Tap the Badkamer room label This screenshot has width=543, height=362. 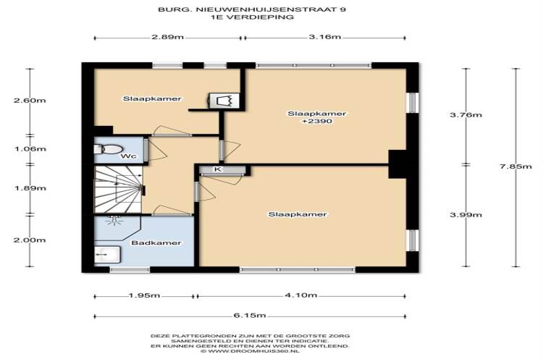pos(156,243)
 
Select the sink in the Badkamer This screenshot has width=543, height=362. pos(107,255)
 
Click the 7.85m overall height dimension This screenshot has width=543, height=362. pos(515,167)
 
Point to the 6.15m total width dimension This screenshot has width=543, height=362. pos(250,315)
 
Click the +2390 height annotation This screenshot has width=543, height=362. pos(317,121)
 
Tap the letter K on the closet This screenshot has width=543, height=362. pos(217,169)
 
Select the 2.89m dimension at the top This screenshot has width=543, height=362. pos(168,37)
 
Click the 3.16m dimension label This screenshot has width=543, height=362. pos(325,37)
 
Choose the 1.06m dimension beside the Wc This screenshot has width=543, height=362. pos(30,149)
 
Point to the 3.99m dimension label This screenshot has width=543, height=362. pos(466,215)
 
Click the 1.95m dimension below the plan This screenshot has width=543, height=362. pos(144,295)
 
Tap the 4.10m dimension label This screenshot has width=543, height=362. pos(301,295)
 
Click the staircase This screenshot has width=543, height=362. pos(118,189)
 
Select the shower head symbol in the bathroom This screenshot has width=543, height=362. pos(114,220)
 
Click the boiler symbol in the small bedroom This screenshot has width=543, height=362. pos(224,101)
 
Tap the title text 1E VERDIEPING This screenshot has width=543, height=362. pos(253,17)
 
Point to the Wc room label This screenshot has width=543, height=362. pos(128,156)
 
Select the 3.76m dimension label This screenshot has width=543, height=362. pos(466,115)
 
